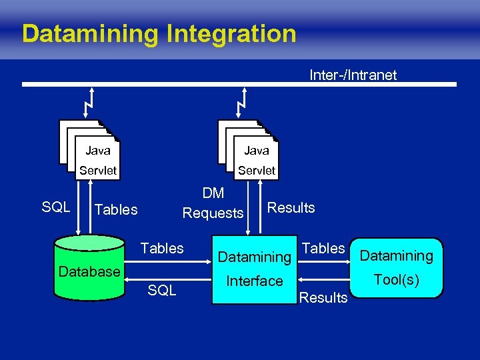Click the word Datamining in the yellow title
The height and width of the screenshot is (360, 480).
pos(89,33)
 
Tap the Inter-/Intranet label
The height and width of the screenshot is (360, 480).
pos(353,75)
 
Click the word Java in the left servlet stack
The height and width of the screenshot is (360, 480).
pos(98,151)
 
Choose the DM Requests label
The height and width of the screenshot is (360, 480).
pos(213,203)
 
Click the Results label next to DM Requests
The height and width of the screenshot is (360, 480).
pos(291,207)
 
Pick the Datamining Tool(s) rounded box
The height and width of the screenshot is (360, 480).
pos(396,267)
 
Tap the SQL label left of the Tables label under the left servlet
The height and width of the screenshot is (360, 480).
pos(56,207)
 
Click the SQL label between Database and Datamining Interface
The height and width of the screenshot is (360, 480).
pos(162,290)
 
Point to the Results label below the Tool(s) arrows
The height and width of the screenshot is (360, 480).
pos(323,297)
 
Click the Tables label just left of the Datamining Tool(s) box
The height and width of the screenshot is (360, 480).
pos(323,249)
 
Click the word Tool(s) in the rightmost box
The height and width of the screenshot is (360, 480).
pos(396,280)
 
